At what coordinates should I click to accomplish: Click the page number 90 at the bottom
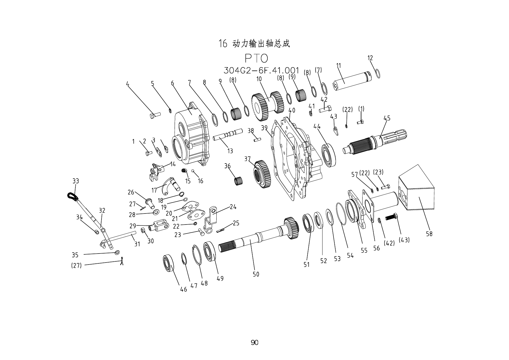254,343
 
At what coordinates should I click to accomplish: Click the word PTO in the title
256,59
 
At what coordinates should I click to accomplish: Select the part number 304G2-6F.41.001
261,70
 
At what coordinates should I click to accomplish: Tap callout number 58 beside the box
429,234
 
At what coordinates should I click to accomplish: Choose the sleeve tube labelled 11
351,81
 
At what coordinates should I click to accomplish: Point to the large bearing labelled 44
329,155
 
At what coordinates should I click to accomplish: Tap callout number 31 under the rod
137,244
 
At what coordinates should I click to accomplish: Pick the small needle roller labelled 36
238,181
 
